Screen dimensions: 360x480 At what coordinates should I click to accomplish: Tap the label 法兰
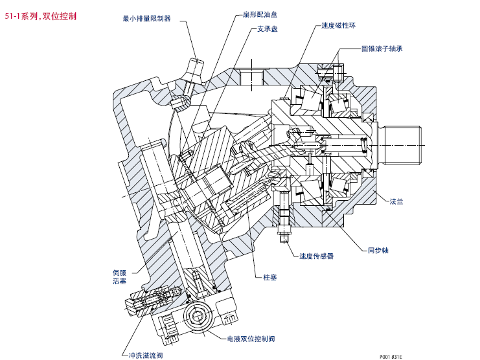coord(396,202)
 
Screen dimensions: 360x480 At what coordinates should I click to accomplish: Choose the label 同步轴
coord(378,249)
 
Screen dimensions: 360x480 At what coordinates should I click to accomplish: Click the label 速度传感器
coord(317,256)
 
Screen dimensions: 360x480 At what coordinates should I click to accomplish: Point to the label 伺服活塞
coord(119,276)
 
